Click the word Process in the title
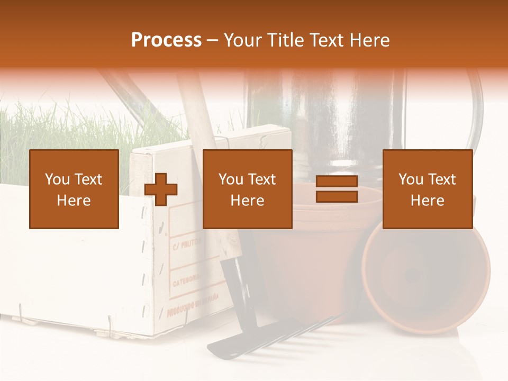pos(166,40)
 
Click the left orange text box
pos(74,189)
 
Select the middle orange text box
pos(247,189)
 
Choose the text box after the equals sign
pos(427,189)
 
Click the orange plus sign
pos(161,189)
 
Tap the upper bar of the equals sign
pos(337,182)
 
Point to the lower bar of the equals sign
pos(337,197)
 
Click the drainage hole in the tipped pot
pos(411,275)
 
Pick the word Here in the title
pos(370,40)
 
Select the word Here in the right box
pos(427,201)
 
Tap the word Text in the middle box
pos(261,179)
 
